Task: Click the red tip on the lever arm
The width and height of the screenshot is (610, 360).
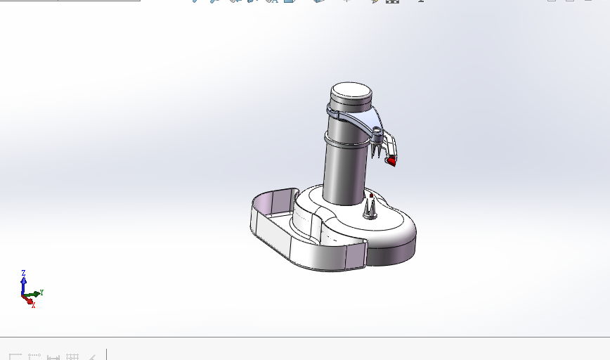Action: pyautogui.click(x=391, y=161)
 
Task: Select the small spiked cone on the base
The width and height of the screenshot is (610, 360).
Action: pyautogui.click(x=370, y=207)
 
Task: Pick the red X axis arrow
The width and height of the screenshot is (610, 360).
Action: pyautogui.click(x=28, y=300)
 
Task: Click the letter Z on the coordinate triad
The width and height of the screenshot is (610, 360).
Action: pyautogui.click(x=23, y=273)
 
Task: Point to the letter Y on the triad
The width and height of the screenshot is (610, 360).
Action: pyautogui.click(x=42, y=292)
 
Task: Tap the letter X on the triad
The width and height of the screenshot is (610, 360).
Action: pyautogui.click(x=33, y=305)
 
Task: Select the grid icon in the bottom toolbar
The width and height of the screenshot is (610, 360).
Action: pyautogui.click(x=72, y=356)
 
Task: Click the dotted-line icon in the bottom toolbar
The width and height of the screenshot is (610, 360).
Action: pyautogui.click(x=34, y=356)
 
